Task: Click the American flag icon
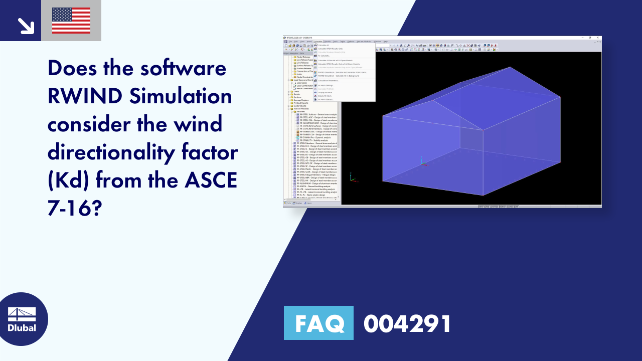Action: (71, 21)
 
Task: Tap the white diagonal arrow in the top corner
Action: (25, 25)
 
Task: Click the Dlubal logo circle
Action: (22, 319)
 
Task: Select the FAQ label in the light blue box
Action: (318, 323)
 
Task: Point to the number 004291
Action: (407, 324)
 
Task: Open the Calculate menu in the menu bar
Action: (318, 41)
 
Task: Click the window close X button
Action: (597, 38)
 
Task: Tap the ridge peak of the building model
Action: (510, 67)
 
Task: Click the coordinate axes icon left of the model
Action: (352, 177)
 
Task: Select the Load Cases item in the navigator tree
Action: (301, 83)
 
